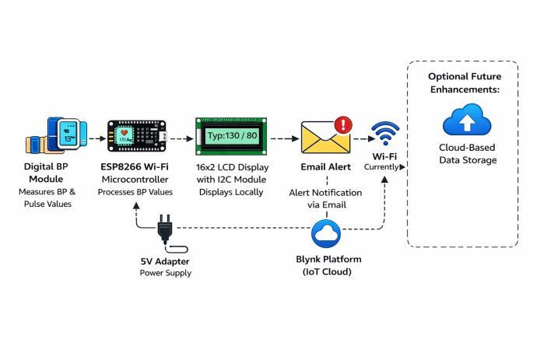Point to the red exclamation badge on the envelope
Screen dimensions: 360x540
343,124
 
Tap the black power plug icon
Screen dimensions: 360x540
165,230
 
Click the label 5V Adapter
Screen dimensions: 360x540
165,261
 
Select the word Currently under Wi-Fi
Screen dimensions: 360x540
382,166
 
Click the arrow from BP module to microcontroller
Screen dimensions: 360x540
96,138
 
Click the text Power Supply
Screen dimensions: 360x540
165,274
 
